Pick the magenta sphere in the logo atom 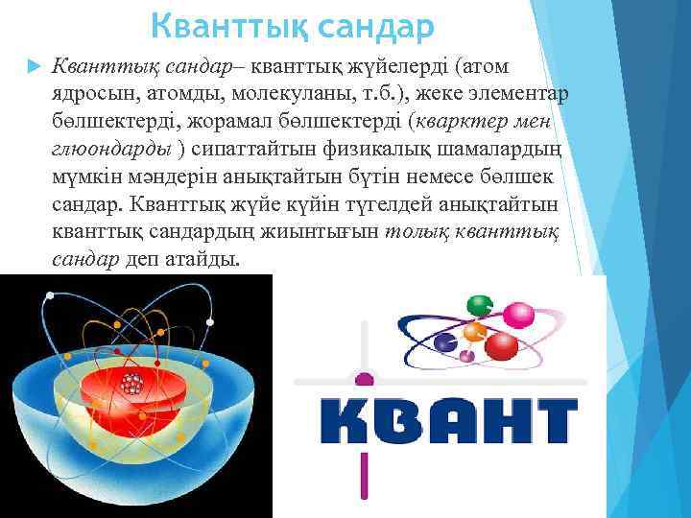coord(519,315)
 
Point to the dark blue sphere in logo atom coord(444,340)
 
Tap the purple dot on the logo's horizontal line coord(363,378)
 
